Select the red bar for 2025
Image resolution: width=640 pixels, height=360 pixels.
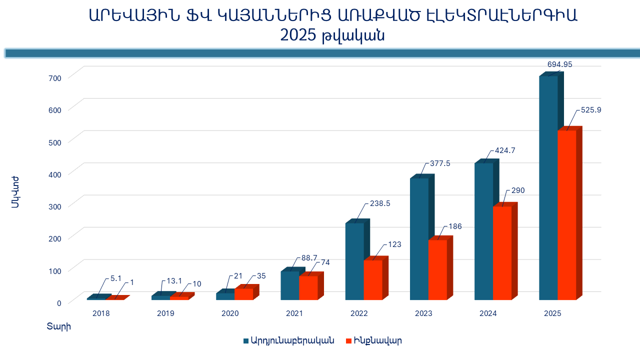[566, 215]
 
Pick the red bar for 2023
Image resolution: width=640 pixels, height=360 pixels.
[437, 270]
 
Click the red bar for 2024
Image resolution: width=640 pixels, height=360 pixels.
[502, 253]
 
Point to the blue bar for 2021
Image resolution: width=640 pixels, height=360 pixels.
[290, 285]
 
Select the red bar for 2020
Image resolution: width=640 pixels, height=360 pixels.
[243, 294]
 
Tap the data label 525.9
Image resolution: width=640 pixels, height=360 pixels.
[590, 110]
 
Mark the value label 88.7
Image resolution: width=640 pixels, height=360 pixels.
[309, 258]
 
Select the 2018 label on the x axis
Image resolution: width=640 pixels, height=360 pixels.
[101, 314]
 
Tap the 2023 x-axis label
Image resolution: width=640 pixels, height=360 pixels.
[423, 314]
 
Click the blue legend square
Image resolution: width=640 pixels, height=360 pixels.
[246, 341]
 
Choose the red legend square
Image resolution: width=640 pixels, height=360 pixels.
[349, 341]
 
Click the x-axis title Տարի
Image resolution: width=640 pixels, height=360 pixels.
[59, 327]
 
